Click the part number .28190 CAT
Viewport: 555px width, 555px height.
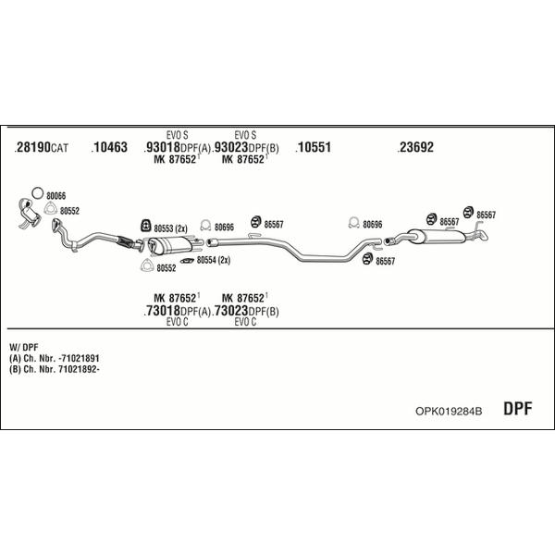pos(42,147)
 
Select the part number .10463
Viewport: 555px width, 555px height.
pos(109,147)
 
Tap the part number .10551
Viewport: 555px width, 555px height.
pos(314,147)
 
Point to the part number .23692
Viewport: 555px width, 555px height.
pos(415,147)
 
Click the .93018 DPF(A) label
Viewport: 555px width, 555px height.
pos(177,147)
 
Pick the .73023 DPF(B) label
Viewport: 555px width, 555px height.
pos(245,311)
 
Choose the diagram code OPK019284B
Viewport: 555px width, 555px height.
pos(449,412)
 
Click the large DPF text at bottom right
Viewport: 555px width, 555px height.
pos(517,409)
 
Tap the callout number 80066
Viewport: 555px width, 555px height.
pos(55,196)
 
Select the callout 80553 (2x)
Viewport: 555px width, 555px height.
pos(170,228)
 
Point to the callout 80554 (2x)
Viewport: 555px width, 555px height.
pos(214,261)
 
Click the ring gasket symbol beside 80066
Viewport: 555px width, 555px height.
pos(38,193)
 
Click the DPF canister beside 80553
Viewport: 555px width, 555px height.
pos(170,245)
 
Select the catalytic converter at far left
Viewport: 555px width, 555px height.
pos(29,214)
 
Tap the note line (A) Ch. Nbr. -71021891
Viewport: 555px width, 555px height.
pos(55,358)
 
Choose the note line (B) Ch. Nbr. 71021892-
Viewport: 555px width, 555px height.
pos(55,369)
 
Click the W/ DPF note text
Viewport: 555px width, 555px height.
pos(24,347)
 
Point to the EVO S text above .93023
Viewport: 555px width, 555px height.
pos(245,135)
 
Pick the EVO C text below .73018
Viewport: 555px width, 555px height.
pos(177,322)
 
